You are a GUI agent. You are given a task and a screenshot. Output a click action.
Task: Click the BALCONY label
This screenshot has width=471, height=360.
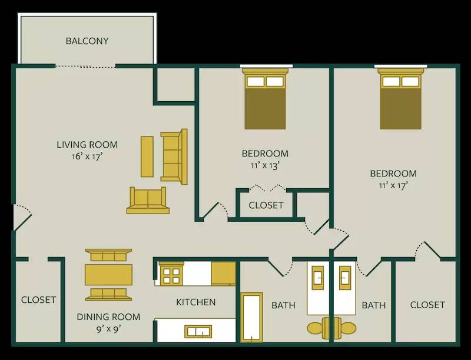pyautogui.click(x=87, y=41)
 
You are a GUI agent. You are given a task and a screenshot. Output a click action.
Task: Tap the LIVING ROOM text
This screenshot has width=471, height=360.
pyautogui.click(x=87, y=145)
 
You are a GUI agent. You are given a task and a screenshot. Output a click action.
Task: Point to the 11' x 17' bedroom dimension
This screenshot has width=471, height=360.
pyautogui.click(x=393, y=185)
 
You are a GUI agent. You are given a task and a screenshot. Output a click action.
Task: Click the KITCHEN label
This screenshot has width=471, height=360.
pyautogui.click(x=196, y=302)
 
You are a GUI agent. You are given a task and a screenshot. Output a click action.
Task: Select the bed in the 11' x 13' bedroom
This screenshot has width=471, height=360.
pyautogui.click(x=265, y=100)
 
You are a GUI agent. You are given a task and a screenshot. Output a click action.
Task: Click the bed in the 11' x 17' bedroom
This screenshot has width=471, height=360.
pyautogui.click(x=400, y=100)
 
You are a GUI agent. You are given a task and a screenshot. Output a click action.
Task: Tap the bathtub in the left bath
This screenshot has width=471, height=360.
pyautogui.click(x=252, y=316)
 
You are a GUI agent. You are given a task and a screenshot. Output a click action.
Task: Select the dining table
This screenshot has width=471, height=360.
pyautogui.click(x=108, y=274)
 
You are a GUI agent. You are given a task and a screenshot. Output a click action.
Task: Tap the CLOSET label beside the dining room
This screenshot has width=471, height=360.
pyautogui.click(x=38, y=300)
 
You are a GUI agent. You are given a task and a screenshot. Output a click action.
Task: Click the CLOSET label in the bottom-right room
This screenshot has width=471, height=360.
pyautogui.click(x=427, y=305)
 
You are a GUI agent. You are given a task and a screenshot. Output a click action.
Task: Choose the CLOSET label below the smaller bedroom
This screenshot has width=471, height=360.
pyautogui.click(x=266, y=205)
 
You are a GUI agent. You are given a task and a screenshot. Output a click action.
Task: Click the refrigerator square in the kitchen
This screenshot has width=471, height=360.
pyautogui.click(x=223, y=274)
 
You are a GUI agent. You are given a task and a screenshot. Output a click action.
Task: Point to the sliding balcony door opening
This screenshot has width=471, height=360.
pyautogui.click(x=85, y=66)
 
